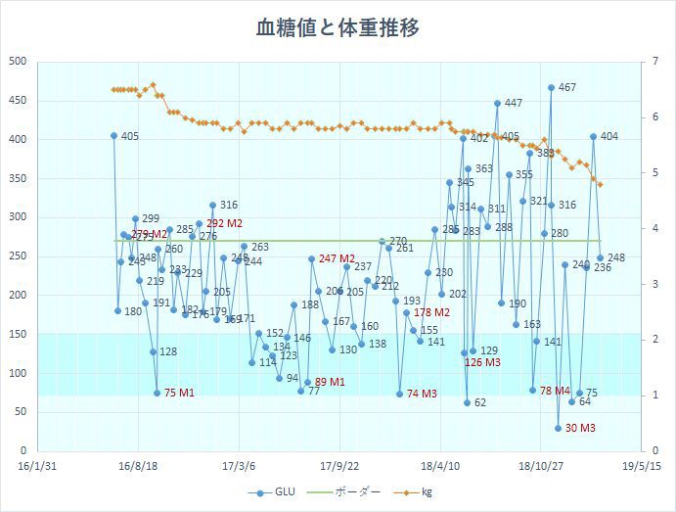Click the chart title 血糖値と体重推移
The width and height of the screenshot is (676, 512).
(338, 27)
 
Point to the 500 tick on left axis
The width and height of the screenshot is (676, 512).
(17, 62)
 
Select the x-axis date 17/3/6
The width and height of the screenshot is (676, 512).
(240, 466)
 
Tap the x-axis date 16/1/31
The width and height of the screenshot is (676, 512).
(35, 466)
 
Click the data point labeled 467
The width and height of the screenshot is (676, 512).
(552, 87)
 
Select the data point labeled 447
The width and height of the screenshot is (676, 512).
(497, 103)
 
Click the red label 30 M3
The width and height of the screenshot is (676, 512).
(580, 428)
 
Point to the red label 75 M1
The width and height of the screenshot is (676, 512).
(179, 393)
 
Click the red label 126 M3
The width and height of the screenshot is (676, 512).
(482, 362)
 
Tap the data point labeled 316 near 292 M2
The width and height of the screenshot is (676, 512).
(212, 205)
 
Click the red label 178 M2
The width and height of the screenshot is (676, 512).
(431, 312)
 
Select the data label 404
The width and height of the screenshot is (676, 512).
(608, 136)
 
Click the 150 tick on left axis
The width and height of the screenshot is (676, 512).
(17, 334)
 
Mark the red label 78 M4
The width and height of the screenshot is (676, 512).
(555, 391)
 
